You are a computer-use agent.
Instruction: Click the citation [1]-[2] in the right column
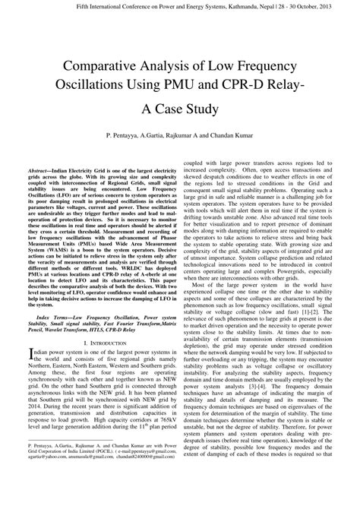click(308, 310)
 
